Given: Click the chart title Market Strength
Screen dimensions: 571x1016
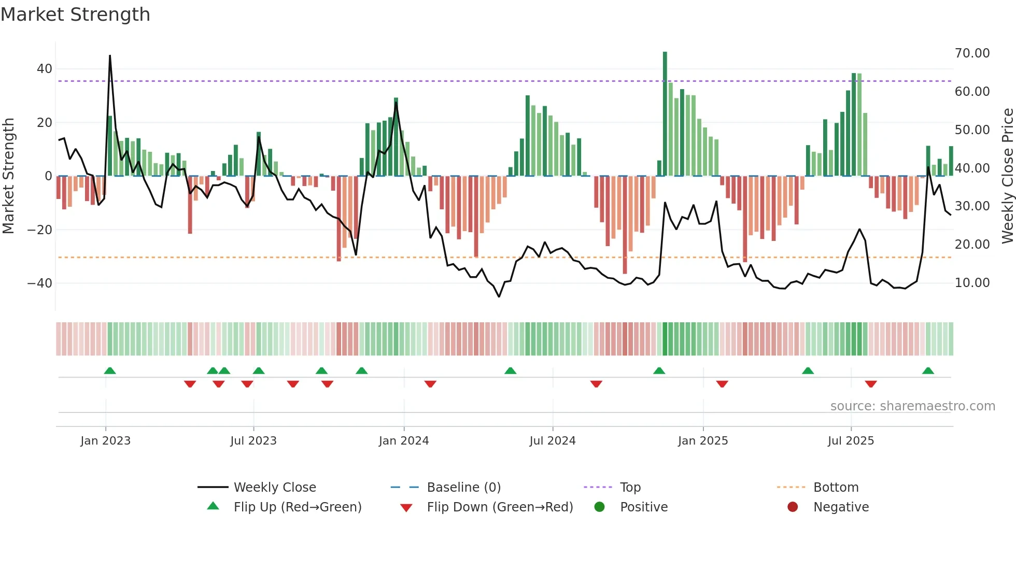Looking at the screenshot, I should point(75,15).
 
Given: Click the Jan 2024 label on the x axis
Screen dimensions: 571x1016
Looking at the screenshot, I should point(404,441).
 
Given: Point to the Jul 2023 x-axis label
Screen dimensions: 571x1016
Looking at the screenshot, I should point(253,441).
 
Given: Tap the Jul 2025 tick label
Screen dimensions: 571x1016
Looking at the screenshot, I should point(851,441).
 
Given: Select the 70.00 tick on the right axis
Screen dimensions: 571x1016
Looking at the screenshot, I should point(972,53).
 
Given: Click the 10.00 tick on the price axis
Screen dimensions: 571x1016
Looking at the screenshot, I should point(972,283).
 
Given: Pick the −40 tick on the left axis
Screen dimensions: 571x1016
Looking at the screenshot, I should point(40,283).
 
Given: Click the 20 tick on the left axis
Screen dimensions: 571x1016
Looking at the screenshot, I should point(44,123).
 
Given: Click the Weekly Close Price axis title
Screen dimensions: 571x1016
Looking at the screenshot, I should point(1007,176).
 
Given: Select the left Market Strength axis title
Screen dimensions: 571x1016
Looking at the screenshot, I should point(9,176).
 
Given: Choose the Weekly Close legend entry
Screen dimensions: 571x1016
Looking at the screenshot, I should point(274,488).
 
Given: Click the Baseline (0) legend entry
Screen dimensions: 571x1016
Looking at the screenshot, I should point(463,488).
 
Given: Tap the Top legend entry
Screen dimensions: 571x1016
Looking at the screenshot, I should point(630,488).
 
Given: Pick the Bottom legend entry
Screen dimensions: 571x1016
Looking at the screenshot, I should point(836,488).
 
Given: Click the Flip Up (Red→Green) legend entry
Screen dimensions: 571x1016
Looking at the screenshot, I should point(297,507).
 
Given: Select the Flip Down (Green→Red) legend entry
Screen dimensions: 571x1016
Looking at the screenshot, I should point(500,507).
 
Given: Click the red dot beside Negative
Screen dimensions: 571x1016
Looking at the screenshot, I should point(793,507).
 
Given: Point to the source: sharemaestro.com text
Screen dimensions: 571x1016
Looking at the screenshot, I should point(912,406).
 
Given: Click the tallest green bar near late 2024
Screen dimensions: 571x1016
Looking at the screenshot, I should point(665,114).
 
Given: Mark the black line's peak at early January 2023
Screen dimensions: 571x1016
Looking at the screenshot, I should point(110,55).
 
